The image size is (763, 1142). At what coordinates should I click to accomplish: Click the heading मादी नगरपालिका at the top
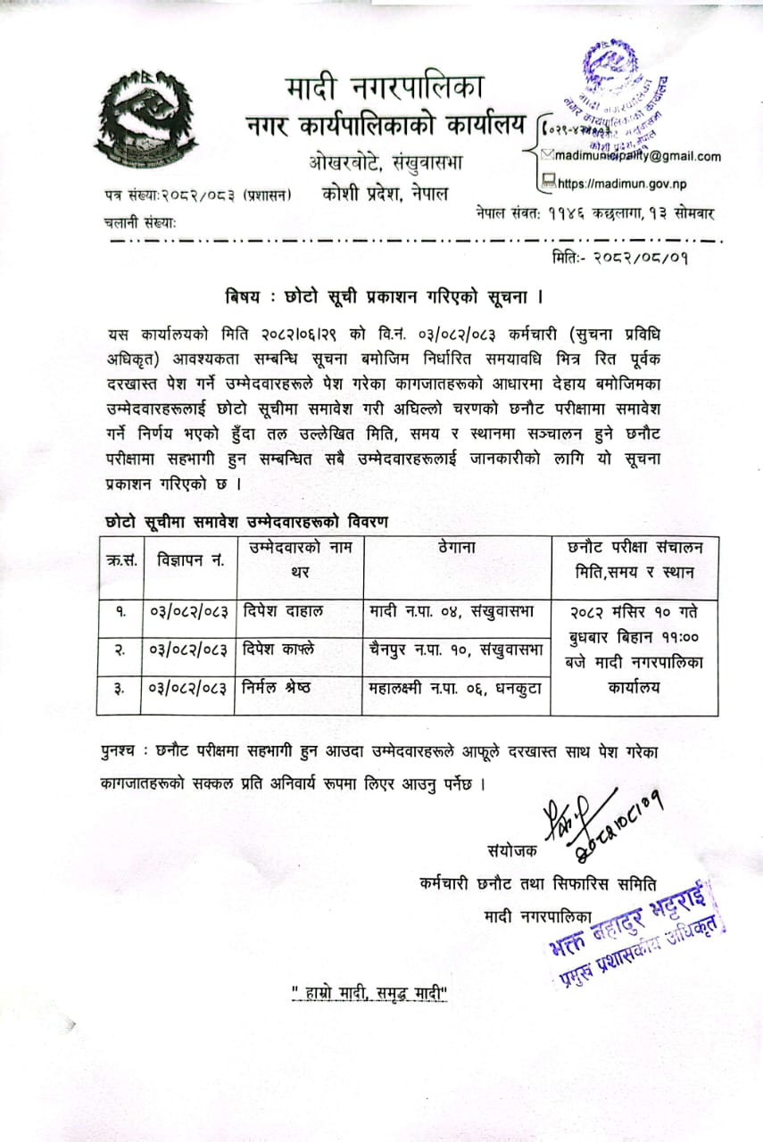coord(386,88)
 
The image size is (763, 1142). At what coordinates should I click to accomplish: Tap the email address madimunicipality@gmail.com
coord(636,156)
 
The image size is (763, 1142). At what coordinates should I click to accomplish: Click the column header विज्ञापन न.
coord(188,560)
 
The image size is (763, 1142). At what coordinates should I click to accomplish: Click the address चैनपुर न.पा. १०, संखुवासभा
coord(455,650)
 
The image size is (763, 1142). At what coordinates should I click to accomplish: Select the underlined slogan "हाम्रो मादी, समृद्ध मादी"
coord(370,992)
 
